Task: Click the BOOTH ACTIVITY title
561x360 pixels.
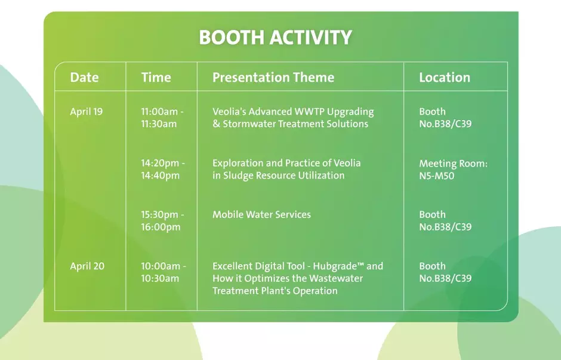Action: (276, 37)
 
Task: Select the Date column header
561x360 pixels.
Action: (84, 77)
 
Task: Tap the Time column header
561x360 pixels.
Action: (156, 77)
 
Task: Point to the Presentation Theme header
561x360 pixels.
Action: (273, 77)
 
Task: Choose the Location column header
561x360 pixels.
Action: (445, 77)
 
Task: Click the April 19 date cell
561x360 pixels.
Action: (86, 112)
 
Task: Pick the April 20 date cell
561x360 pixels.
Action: (87, 266)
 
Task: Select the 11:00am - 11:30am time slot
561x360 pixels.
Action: (162, 118)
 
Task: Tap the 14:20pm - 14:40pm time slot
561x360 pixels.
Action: (163, 170)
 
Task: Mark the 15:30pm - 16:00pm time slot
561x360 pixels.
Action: (162, 221)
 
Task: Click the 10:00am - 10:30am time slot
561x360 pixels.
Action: (164, 272)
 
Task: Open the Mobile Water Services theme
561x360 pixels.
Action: (261, 215)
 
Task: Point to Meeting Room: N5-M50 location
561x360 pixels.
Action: (454, 170)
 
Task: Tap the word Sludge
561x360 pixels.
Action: (238, 176)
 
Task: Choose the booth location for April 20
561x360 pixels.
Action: (445, 272)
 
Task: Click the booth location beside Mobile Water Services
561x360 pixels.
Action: (445, 221)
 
